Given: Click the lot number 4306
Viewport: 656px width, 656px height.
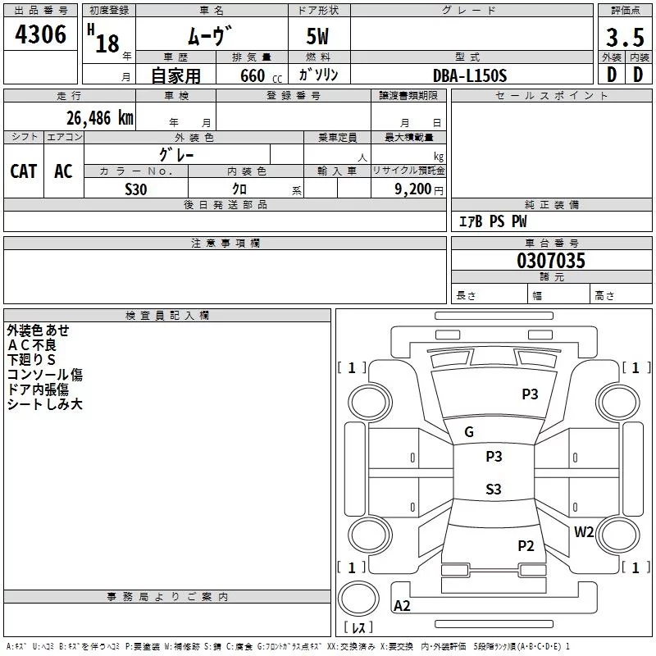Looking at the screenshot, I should pyautogui.click(x=40, y=34).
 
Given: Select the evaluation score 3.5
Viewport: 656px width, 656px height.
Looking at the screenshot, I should pyautogui.click(x=625, y=38).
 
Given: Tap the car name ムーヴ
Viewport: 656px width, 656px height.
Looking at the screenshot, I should pyautogui.click(x=210, y=36).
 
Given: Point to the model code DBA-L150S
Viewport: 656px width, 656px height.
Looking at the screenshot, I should pyautogui.click(x=470, y=75).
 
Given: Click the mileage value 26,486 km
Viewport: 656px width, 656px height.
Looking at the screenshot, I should pyautogui.click(x=99, y=117).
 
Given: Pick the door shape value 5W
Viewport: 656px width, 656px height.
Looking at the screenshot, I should pyautogui.click(x=319, y=38).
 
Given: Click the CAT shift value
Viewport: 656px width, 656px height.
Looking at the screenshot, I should pyautogui.click(x=24, y=171).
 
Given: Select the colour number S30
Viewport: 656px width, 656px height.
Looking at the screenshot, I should pyautogui.click(x=135, y=189).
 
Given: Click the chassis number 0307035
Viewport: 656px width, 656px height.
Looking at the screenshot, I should pyautogui.click(x=551, y=262).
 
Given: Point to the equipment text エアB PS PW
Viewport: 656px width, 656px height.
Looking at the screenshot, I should pyautogui.click(x=492, y=221).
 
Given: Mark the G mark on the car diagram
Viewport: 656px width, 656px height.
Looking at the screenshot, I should pyautogui.click(x=469, y=432).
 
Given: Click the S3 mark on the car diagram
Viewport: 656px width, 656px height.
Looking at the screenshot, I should pyautogui.click(x=493, y=490).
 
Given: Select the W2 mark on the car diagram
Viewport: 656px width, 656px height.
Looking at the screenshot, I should pyautogui.click(x=584, y=531).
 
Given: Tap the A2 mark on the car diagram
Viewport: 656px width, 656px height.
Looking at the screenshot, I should pyautogui.click(x=402, y=606).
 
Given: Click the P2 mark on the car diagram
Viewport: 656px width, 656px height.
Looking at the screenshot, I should pyautogui.click(x=526, y=545).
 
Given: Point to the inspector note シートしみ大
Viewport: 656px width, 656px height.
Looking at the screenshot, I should pyautogui.click(x=44, y=404).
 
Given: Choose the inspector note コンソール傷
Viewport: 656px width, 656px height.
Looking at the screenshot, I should pyautogui.click(x=44, y=375).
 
